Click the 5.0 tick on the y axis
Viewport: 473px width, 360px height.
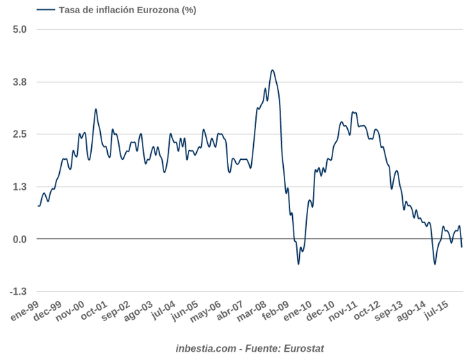tap(19, 29)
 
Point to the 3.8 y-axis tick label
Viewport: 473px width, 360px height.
tap(19, 82)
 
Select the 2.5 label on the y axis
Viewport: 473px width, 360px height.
tap(19, 134)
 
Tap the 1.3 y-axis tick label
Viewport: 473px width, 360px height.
tap(19, 187)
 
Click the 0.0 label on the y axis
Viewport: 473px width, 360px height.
tap(19, 239)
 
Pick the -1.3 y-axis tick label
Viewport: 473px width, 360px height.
tap(17, 292)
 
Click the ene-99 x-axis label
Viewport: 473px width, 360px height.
tap(25, 312)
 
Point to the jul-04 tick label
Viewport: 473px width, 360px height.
tap(163, 311)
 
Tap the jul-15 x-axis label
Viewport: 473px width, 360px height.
tap(435, 311)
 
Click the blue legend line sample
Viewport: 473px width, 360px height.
tap(46, 10)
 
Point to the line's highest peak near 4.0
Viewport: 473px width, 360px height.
tap(272, 70)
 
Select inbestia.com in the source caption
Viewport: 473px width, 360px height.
tap(206, 348)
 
